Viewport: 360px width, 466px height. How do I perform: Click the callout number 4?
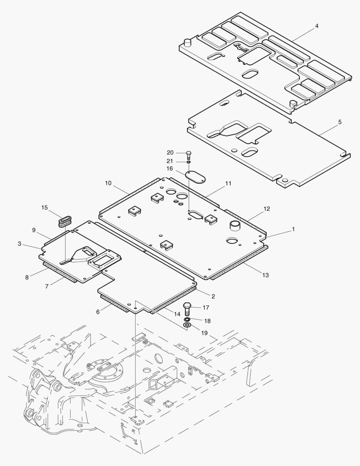[316, 26]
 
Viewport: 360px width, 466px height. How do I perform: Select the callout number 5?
[340, 122]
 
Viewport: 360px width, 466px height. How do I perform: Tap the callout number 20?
[170, 153]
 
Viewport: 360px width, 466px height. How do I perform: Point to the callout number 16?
[170, 168]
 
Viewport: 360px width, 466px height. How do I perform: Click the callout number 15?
[45, 208]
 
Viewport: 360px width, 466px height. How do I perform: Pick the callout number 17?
[206, 308]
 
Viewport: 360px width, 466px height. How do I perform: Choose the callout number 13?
[266, 275]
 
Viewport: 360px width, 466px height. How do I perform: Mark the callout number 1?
[293, 230]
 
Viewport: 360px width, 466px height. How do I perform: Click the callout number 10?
[108, 183]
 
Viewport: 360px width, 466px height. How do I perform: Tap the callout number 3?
[19, 244]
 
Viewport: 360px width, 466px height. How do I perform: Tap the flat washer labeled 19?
[188, 324]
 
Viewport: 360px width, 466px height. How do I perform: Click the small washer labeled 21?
[188, 162]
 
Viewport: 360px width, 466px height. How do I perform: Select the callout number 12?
[267, 209]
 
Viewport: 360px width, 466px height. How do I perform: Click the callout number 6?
[98, 311]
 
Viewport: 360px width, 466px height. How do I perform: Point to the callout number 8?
[27, 277]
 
